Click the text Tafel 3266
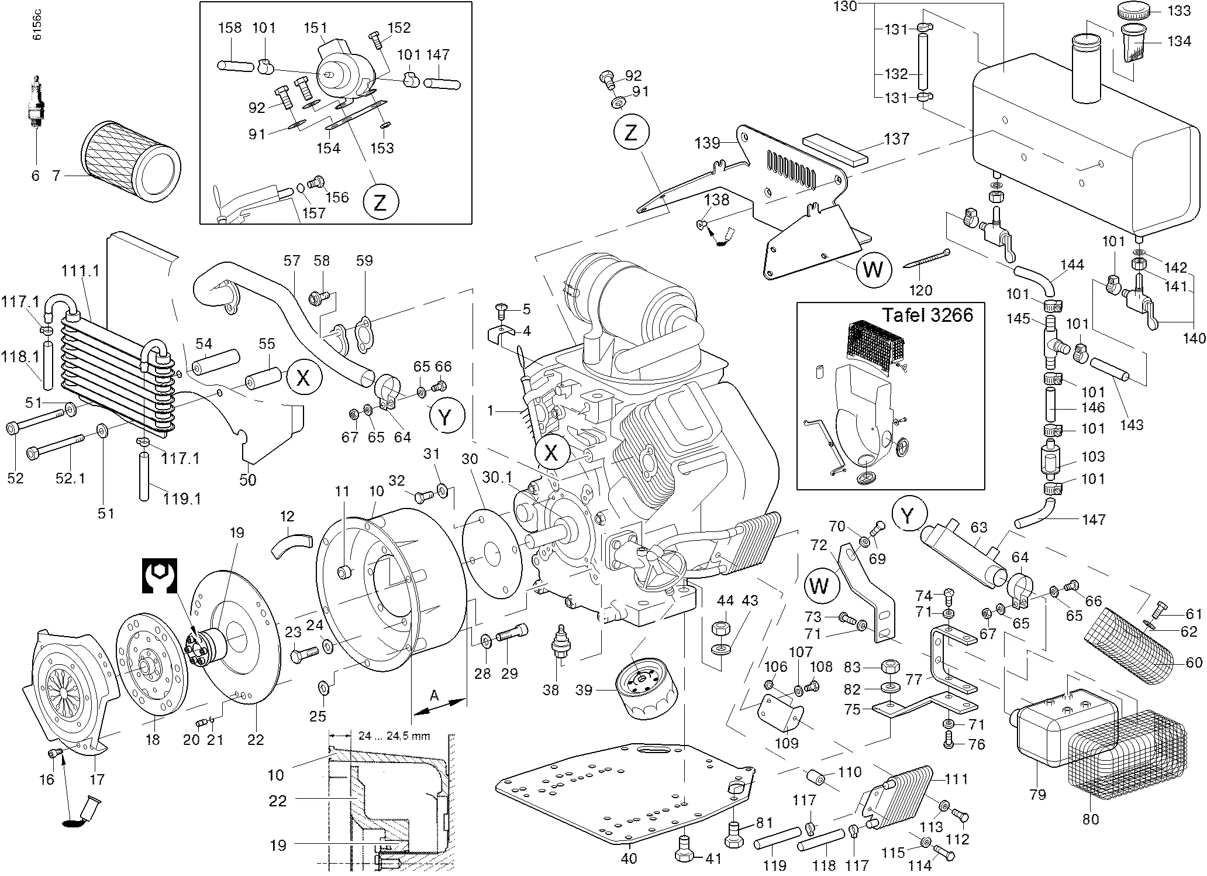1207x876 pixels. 927,315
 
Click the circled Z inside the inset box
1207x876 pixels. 380,202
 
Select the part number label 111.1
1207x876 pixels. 80,271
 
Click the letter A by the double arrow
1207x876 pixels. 434,696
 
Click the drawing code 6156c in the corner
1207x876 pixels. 37,26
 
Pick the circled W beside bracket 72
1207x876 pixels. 819,585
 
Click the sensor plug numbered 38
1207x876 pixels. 562,643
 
